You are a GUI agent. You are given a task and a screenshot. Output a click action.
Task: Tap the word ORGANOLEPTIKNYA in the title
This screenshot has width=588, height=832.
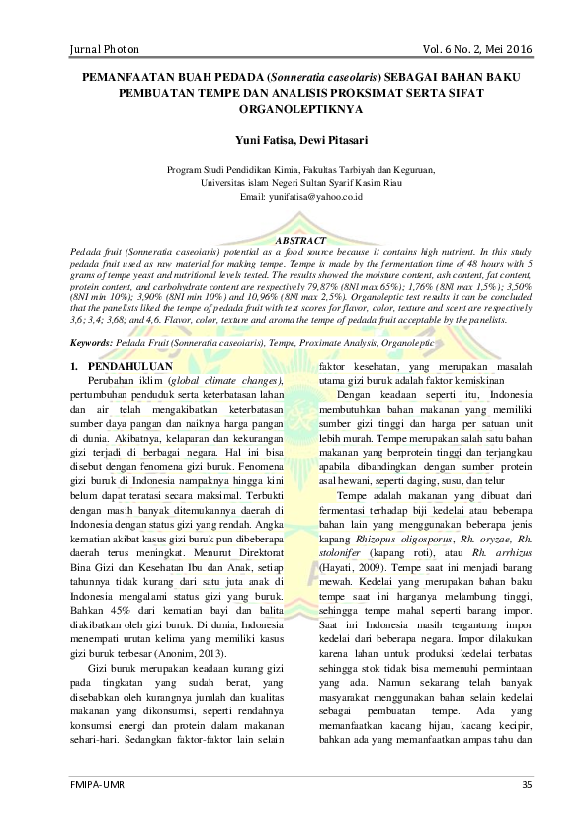(294, 111)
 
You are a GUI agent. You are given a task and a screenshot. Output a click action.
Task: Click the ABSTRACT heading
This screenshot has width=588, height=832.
(294, 240)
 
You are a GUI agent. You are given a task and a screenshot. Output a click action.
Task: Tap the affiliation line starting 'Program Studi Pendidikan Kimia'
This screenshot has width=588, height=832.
(294, 169)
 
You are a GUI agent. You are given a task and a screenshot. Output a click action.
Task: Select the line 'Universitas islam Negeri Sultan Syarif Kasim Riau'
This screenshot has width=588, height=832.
(294, 183)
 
